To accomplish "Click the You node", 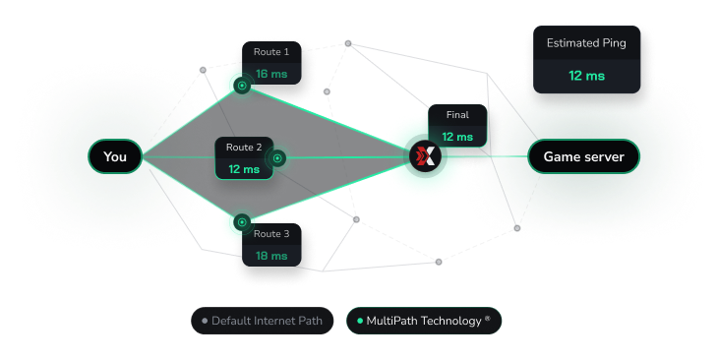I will pos(115,156).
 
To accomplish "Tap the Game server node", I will pos(583,156).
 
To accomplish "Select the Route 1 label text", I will pos(271,51).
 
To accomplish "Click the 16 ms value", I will pos(271,74).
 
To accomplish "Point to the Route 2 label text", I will pos(244,148).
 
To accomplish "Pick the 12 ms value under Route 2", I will pos(244,169).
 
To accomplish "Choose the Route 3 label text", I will pos(271,234).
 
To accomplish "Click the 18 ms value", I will pos(271,256).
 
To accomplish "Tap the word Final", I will pos(456,115).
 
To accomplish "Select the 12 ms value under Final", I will pos(456,137).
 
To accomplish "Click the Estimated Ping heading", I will pos(586,43).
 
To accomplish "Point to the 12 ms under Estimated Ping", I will pos(586,75).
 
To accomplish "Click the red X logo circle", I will pos(426,156).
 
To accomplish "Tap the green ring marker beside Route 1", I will pos(241,87).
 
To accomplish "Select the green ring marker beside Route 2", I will pos(277,156).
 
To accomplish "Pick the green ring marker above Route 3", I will pos(241,222).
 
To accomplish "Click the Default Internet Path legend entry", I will pos(263,321).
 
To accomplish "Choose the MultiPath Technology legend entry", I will pos(424,321).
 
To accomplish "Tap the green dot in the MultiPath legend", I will pos(359,321).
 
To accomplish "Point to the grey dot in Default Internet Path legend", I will pos(205,321).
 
